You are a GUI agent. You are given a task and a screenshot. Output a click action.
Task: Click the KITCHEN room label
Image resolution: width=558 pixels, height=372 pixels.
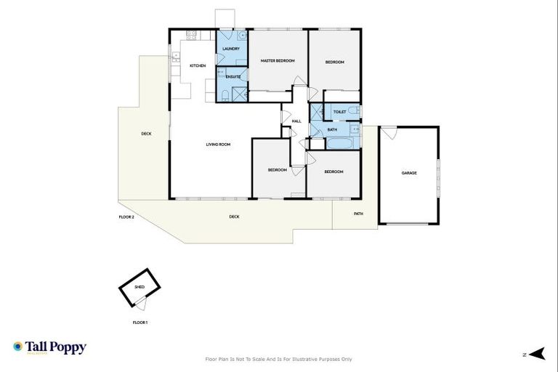click(x=198, y=66)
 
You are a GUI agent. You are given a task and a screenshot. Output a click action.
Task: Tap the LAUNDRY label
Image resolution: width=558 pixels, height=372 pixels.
click(x=231, y=49)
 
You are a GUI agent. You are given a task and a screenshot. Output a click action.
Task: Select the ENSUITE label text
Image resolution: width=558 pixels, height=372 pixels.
click(x=233, y=76)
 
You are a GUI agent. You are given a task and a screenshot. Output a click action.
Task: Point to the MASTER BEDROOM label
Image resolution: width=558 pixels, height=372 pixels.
click(x=278, y=61)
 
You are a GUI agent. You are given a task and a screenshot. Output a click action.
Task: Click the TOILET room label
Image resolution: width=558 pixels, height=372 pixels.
click(x=339, y=112)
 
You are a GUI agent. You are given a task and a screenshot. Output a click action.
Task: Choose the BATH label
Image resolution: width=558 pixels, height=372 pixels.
click(x=332, y=130)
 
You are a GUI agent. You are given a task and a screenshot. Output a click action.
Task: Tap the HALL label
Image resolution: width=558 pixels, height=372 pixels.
click(x=296, y=121)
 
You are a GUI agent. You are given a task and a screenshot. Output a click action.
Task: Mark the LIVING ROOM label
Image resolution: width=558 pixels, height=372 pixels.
click(x=218, y=145)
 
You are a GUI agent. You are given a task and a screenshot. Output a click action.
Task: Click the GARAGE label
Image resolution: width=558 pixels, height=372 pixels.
click(x=409, y=173)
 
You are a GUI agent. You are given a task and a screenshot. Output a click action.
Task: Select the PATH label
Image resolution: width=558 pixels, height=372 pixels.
click(x=358, y=214)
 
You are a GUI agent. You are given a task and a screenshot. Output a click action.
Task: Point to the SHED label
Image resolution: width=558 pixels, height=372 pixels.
click(x=139, y=288)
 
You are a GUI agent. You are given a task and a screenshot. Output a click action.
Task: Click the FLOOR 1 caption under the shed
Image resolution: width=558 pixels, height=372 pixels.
click(x=140, y=322)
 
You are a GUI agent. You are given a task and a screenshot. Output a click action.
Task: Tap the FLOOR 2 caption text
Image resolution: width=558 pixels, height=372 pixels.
click(x=126, y=217)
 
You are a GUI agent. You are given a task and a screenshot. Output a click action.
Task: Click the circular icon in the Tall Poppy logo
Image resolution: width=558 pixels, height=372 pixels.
click(x=17, y=347)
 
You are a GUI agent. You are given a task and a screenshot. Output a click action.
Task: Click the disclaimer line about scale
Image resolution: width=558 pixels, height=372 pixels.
click(x=279, y=359)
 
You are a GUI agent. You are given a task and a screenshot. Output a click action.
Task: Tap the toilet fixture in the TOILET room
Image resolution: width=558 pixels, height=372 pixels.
click(x=352, y=111)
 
